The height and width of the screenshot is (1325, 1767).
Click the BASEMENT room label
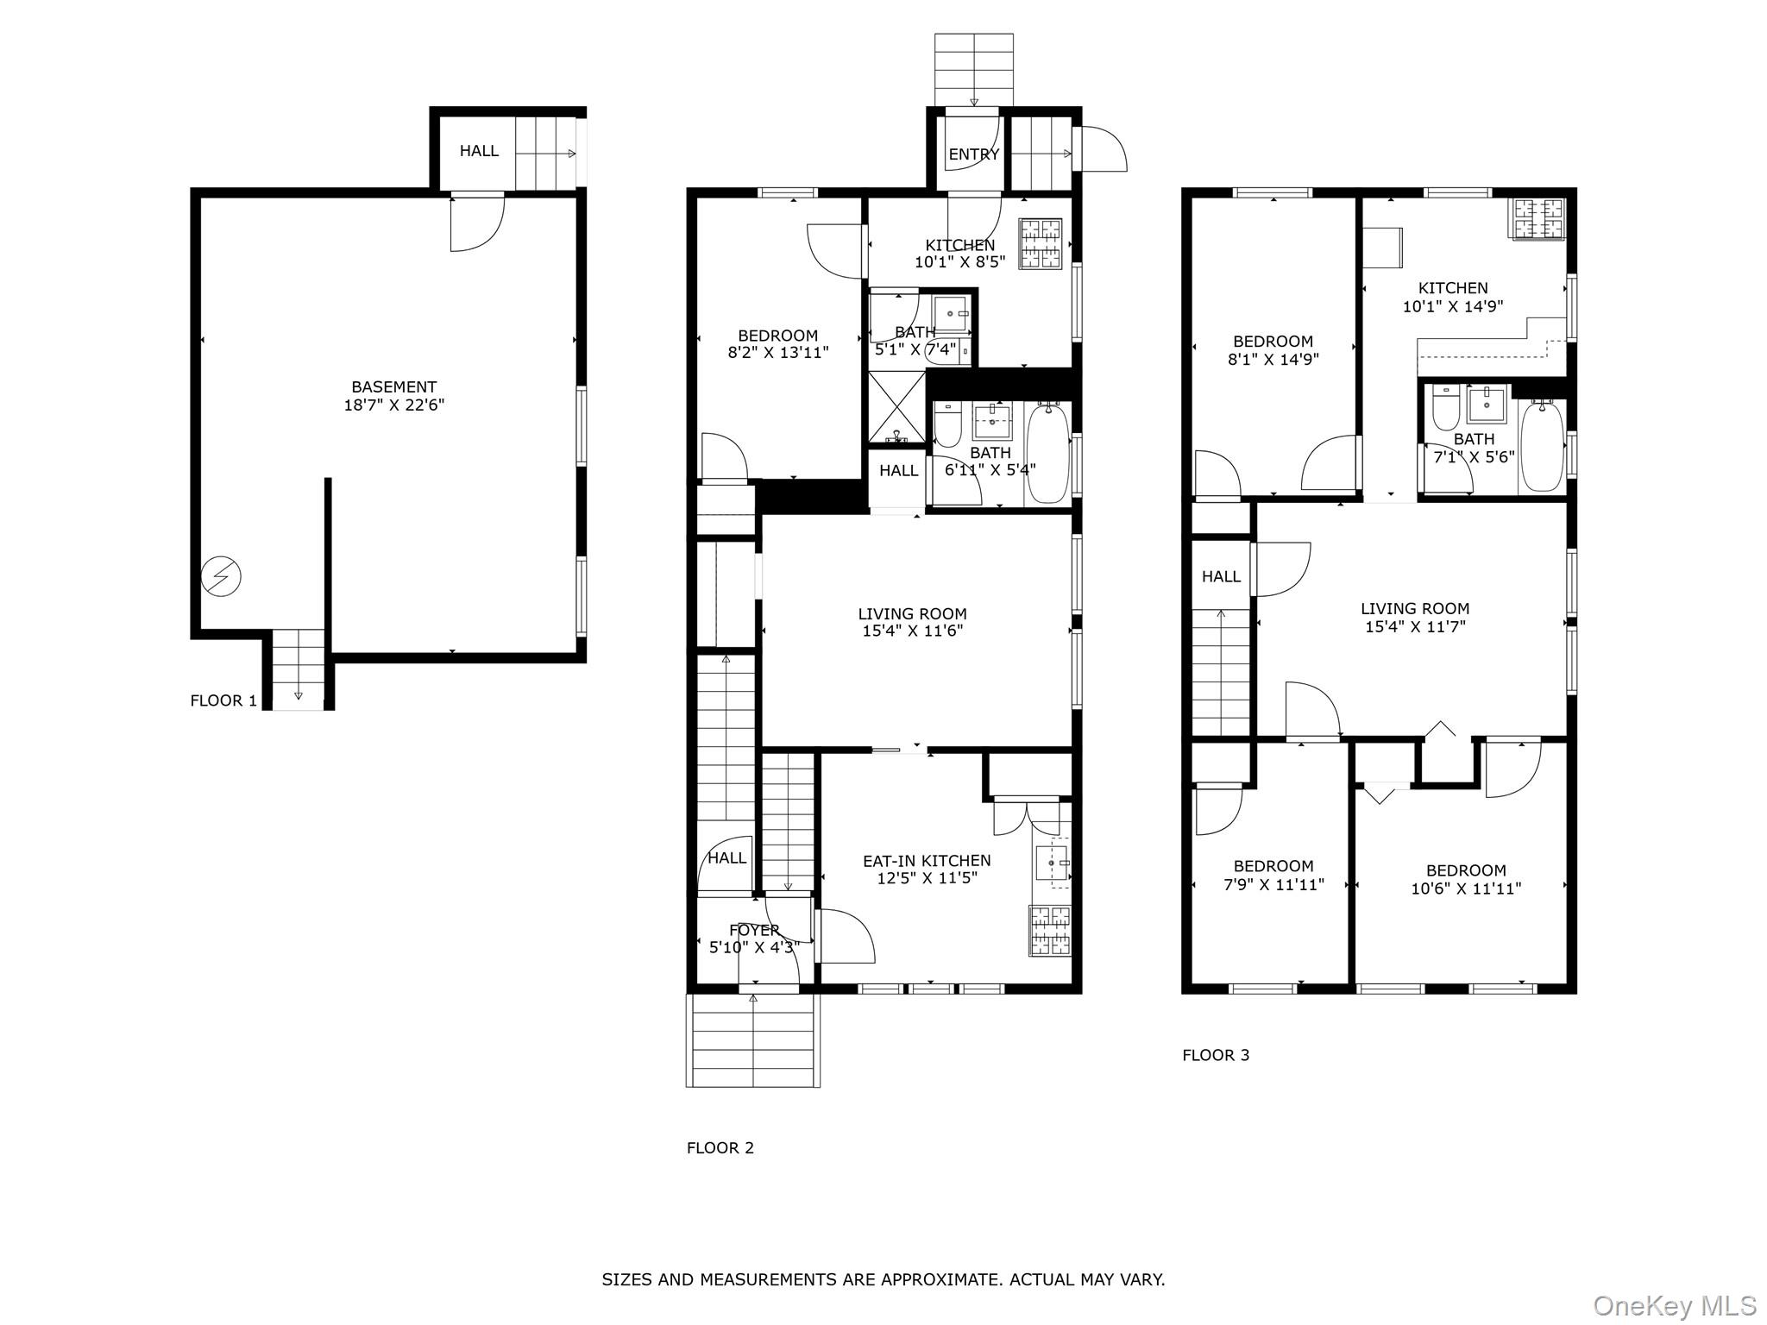coord(393,387)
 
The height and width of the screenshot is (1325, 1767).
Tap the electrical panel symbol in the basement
coord(221,577)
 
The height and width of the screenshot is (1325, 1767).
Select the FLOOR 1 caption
coord(223,700)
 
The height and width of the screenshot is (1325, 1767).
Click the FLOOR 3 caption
coord(1215,1055)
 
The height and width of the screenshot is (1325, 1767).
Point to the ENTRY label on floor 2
coord(973,154)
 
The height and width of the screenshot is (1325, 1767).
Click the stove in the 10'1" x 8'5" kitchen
coord(1040,244)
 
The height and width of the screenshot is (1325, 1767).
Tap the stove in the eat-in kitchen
coord(1049,931)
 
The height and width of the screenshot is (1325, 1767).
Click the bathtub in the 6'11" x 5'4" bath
coord(1047,454)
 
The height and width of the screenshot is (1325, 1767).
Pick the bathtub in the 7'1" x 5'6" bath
coord(1542,447)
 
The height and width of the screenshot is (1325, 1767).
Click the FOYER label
coord(754,930)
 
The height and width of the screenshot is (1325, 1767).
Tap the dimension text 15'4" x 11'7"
coord(1415,627)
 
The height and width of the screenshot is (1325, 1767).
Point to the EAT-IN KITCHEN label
coord(927,860)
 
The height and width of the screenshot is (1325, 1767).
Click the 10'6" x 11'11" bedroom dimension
coord(1465,889)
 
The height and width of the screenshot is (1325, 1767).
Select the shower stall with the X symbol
coord(896,407)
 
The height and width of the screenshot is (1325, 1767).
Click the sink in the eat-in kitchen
coord(1052,863)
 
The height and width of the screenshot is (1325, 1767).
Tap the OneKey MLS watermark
coord(1674,1305)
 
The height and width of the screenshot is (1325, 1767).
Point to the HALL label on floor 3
coord(1221,576)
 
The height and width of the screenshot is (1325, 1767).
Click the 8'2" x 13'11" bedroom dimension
coord(777,353)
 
